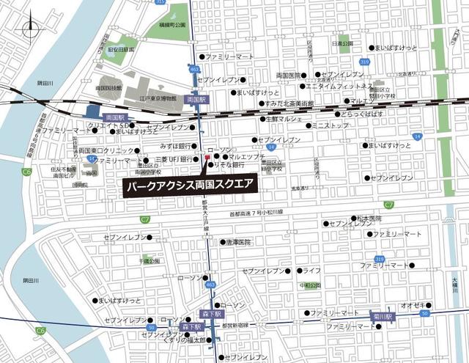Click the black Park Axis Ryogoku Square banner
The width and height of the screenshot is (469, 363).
pos(189,186)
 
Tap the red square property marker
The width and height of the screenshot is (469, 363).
pos(208,157)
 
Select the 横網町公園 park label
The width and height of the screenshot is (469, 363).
pos(169,25)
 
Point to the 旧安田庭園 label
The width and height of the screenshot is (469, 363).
pos(121,50)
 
